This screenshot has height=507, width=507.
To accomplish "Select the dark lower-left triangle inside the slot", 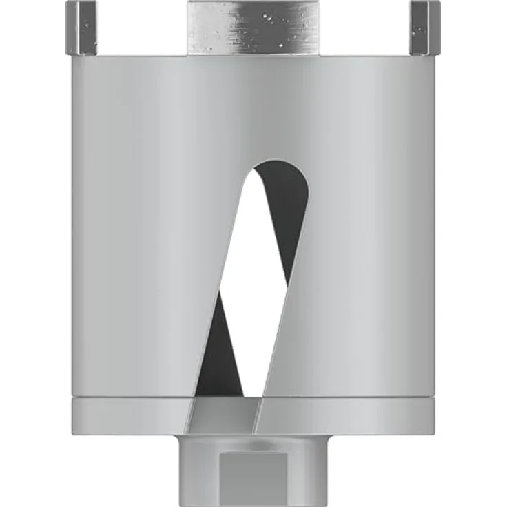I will tap(226, 344).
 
